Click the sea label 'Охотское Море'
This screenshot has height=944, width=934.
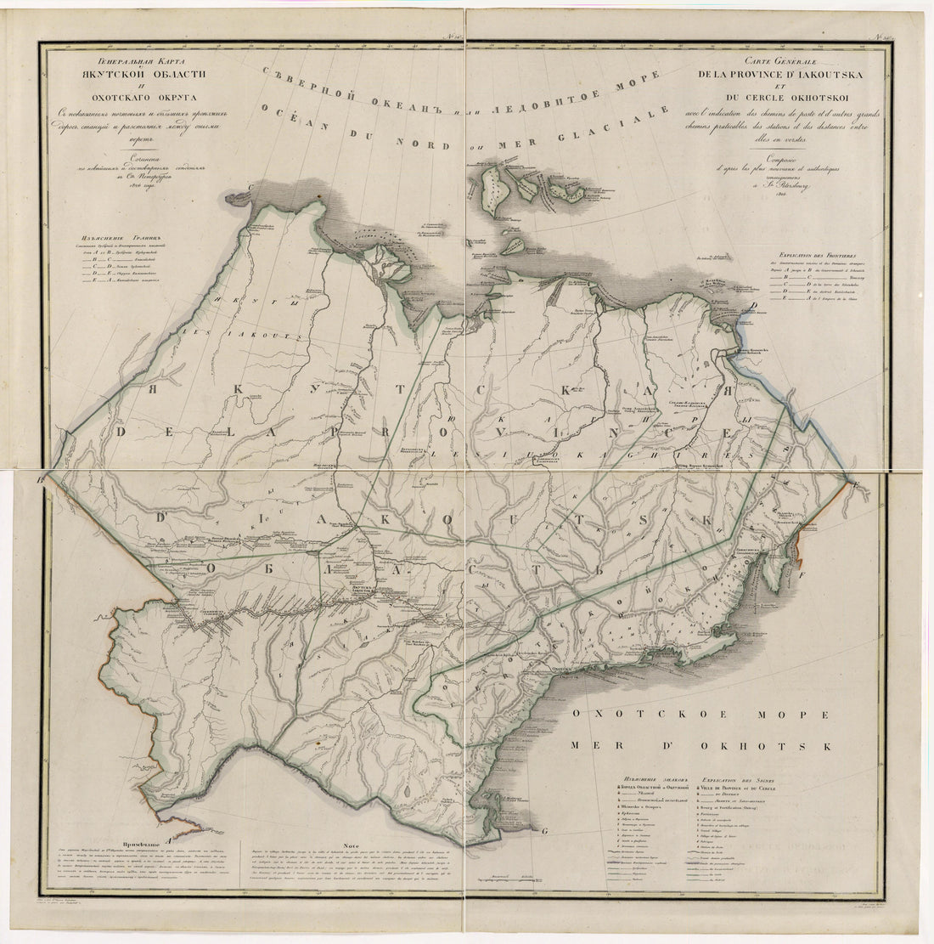click(x=700, y=715)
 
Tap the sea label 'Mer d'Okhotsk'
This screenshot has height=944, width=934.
click(x=701, y=746)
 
